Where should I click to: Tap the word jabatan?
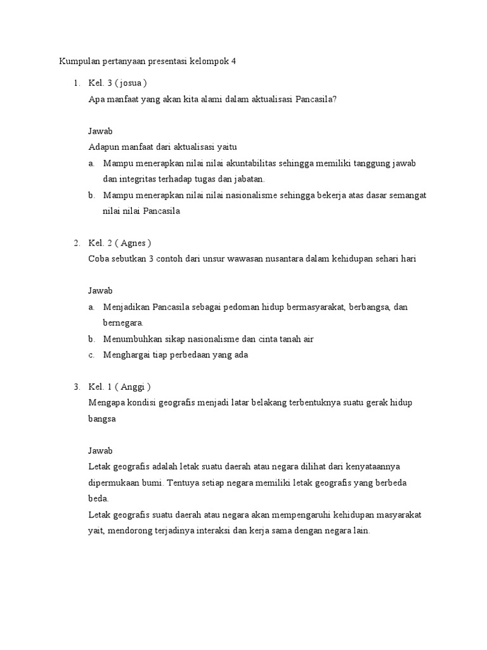coord(248,179)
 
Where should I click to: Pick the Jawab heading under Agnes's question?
coord(100,291)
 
